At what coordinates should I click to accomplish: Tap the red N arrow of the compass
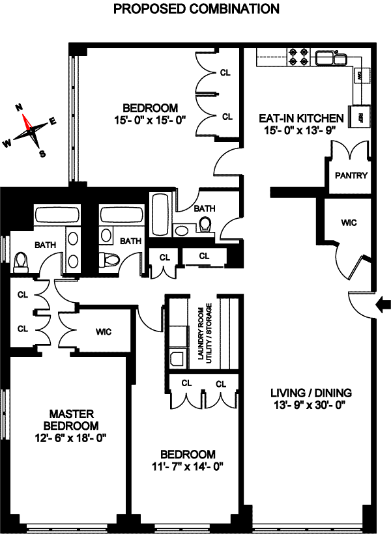[27, 121]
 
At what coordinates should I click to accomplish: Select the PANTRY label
[351, 176]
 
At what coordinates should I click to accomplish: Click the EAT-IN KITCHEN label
[301, 119]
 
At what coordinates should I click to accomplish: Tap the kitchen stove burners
[299, 57]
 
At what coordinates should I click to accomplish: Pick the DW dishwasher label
[359, 76]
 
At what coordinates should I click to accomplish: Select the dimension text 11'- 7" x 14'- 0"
[189, 466]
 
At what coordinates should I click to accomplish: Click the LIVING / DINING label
[311, 393]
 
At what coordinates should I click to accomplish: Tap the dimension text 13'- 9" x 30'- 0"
[311, 404]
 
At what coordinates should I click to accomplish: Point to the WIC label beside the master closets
[104, 331]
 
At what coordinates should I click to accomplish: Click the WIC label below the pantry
[349, 222]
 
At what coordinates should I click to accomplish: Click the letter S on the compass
[42, 154]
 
